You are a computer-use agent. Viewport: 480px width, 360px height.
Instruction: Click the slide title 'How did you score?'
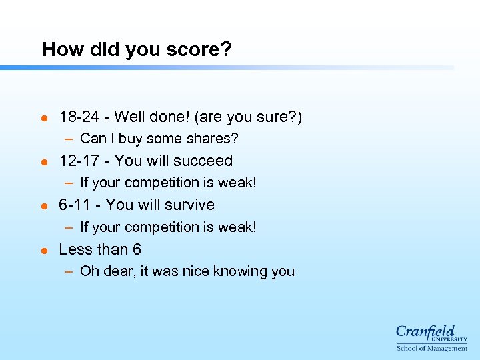tap(137, 49)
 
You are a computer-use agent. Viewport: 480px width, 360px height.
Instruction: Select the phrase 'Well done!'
tap(152, 117)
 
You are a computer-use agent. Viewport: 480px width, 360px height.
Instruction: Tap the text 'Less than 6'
tap(100, 249)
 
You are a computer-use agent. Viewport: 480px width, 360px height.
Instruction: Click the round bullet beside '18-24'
tap(44, 118)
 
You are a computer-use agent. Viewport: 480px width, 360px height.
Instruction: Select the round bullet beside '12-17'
tap(44, 162)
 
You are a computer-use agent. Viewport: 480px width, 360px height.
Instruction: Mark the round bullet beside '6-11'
tap(44, 206)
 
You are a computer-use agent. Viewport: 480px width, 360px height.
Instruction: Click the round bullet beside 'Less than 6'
tap(44, 251)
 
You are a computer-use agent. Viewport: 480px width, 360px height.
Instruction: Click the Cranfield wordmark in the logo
tap(425, 331)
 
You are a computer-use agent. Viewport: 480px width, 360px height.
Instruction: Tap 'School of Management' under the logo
tap(431, 347)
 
